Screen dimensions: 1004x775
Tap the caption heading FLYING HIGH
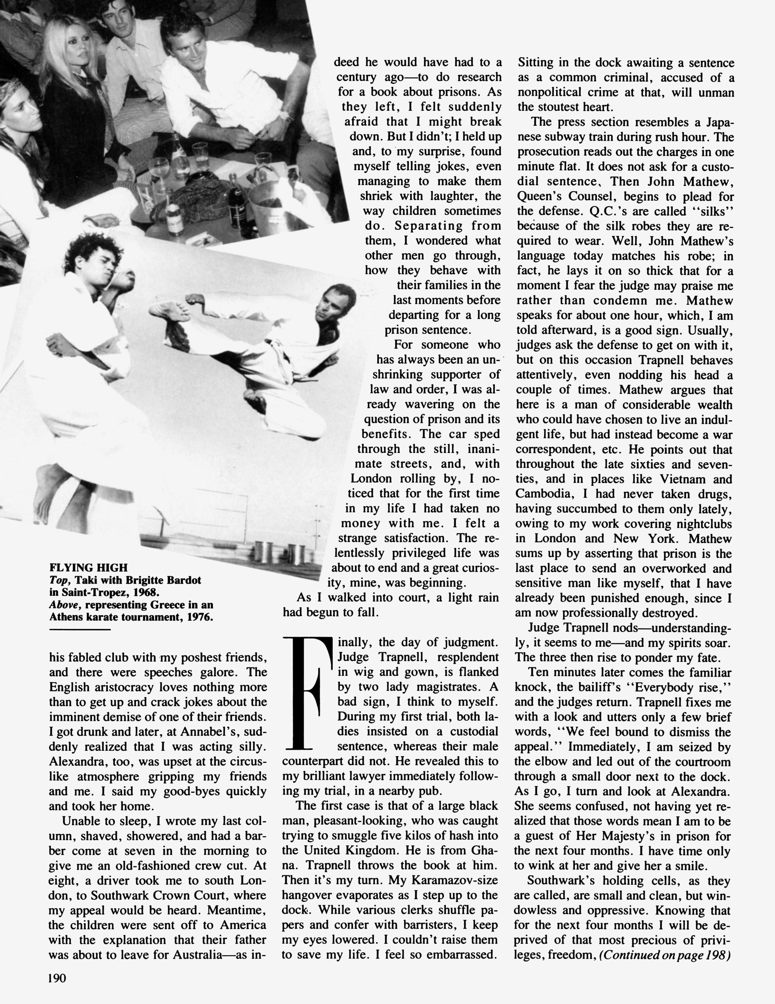pos(88,568)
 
